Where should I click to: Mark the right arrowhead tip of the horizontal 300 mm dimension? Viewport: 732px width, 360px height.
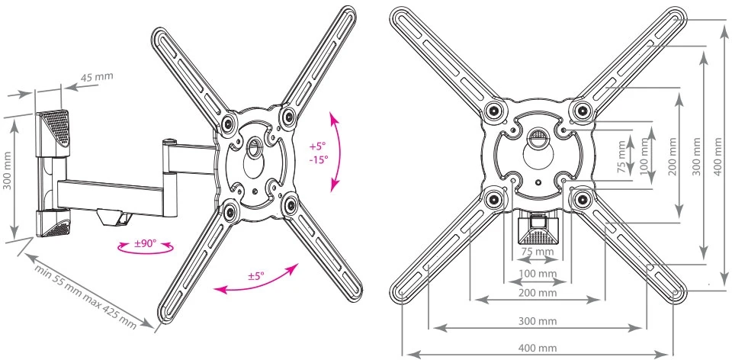point(645,328)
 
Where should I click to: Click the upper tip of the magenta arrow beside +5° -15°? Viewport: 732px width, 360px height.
point(332,111)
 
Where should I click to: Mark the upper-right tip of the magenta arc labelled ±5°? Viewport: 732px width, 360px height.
point(298,264)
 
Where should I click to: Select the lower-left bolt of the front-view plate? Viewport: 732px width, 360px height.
point(493,200)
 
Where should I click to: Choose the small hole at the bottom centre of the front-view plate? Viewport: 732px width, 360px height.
point(538,182)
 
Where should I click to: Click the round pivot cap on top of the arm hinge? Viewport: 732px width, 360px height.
point(169,140)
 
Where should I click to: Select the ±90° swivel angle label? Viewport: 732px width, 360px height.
point(146,244)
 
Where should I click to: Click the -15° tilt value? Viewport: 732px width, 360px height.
point(319,159)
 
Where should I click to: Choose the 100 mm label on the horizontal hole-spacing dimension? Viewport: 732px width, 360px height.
point(538,273)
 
